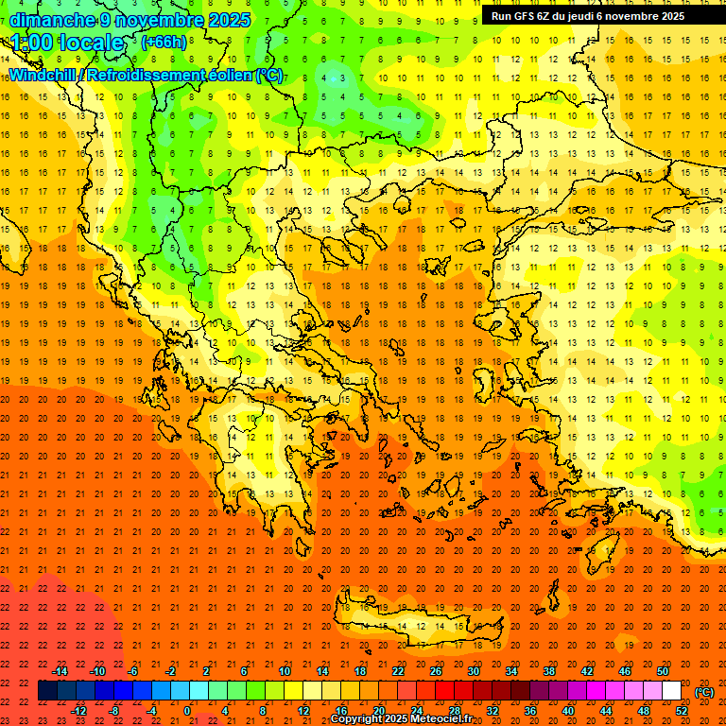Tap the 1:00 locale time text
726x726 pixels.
[67, 43]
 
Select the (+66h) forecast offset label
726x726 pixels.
[163, 43]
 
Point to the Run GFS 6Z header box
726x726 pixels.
[596, 15]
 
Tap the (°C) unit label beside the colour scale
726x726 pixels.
[704, 692]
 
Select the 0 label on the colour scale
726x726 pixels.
[187, 711]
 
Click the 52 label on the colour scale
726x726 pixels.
[682, 711]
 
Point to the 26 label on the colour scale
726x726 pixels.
[436, 671]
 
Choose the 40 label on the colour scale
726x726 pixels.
[568, 711]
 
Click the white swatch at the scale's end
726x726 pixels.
[672, 691]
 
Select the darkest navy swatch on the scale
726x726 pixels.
[48, 691]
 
